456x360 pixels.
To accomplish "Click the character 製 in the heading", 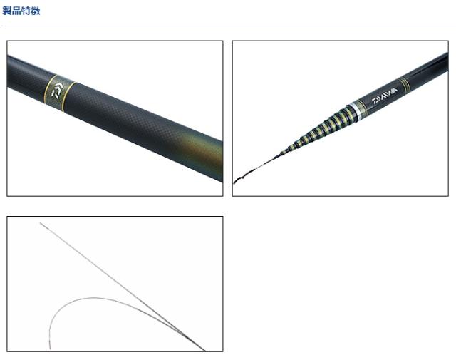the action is (x=7, y=11).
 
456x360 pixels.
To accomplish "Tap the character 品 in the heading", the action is (x=16, y=11).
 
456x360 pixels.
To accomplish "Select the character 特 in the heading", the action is (x=26, y=11).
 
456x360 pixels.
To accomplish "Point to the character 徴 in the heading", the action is (x=35, y=11).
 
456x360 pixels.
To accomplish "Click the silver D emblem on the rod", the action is (x=57, y=91).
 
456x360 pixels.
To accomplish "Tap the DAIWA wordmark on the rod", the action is (x=385, y=96).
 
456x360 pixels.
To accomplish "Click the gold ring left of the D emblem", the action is (x=50, y=88).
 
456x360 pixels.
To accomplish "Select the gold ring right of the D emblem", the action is (x=68, y=96).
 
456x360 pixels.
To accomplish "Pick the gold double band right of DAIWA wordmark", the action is (x=405, y=85).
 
